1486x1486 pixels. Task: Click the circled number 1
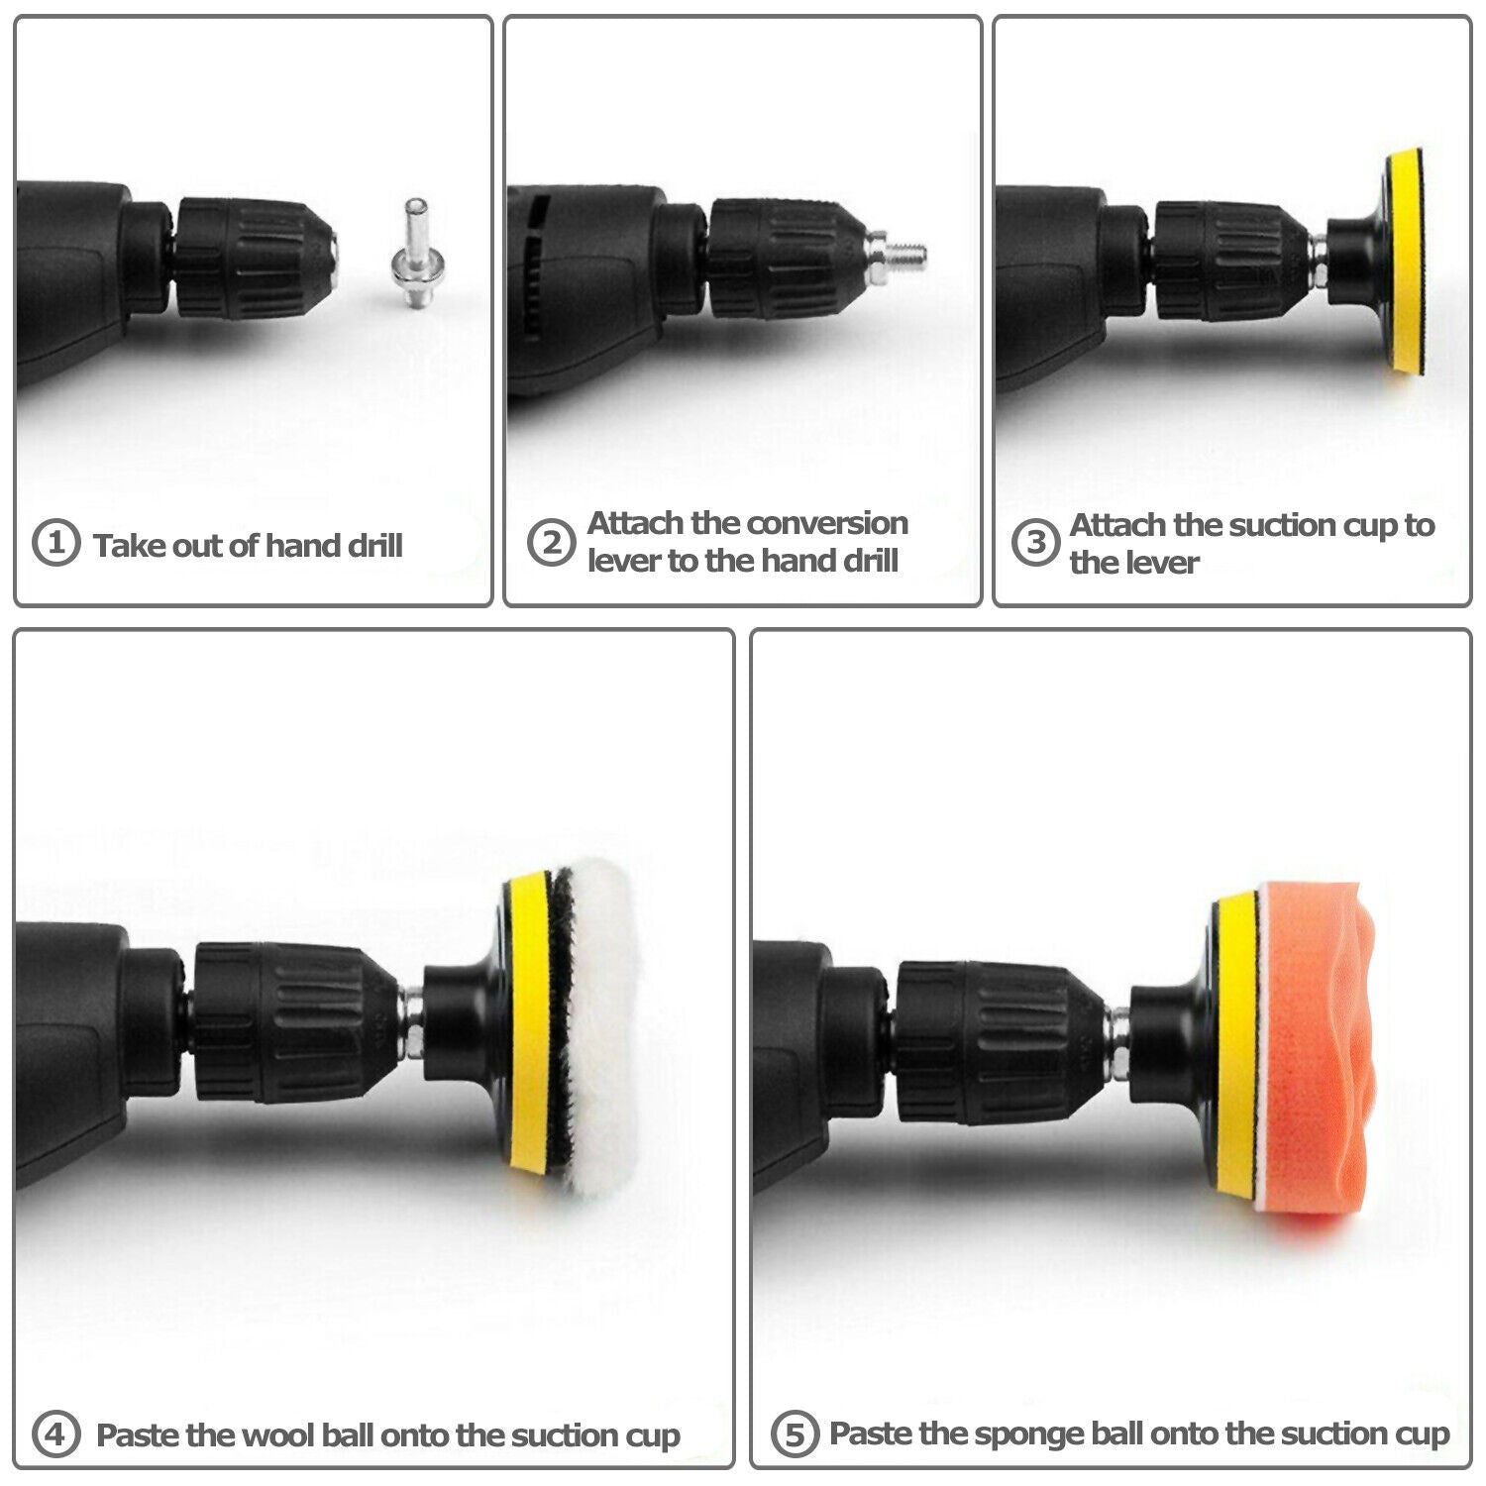[55, 544]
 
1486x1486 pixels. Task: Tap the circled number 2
[551, 543]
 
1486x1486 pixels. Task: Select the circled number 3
[1035, 543]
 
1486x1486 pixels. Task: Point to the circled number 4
[55, 1433]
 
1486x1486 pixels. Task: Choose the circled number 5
[795, 1433]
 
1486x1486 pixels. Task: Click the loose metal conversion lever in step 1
[415, 254]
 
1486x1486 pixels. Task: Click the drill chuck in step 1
[256, 259]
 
